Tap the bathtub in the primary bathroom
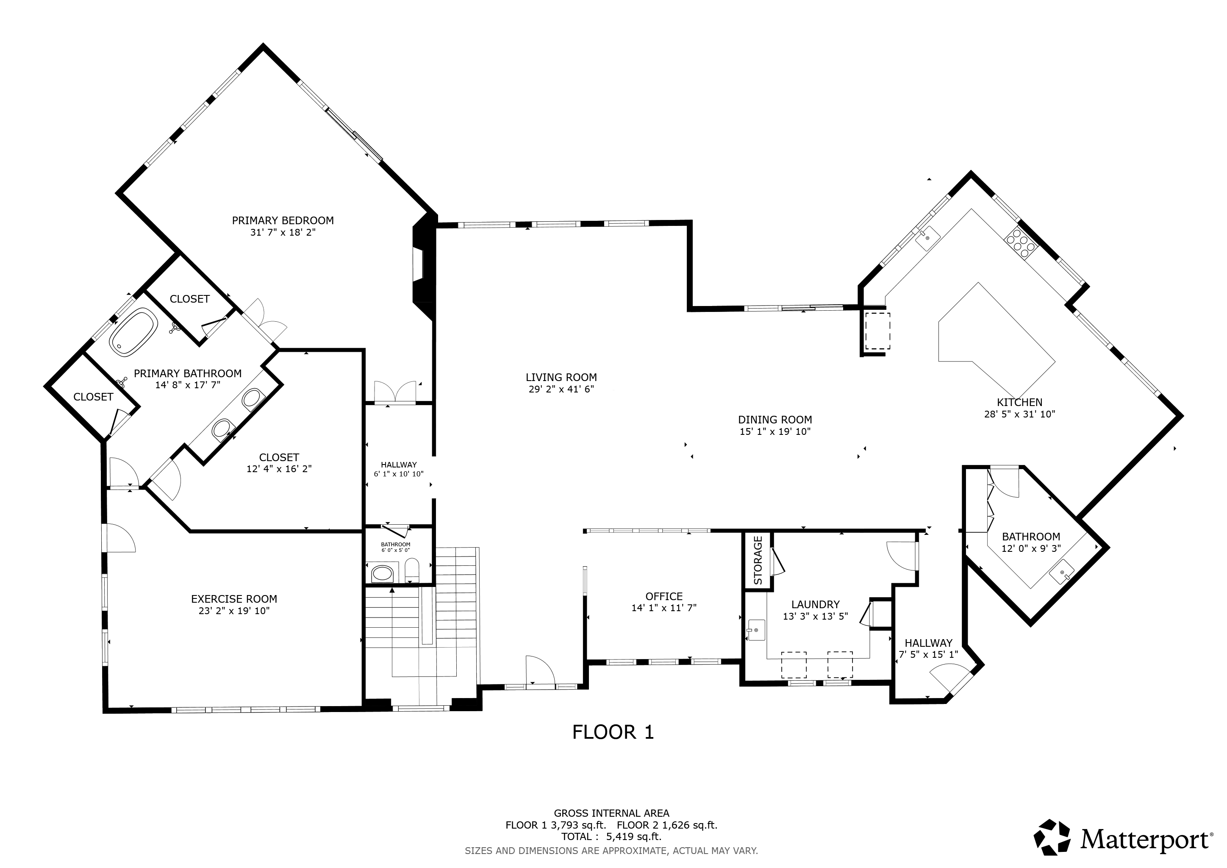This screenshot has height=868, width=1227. click(133, 332)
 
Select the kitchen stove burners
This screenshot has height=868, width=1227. click(1021, 244)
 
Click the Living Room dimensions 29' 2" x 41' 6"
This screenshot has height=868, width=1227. click(561, 389)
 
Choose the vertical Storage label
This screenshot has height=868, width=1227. click(758, 561)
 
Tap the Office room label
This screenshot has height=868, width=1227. click(664, 596)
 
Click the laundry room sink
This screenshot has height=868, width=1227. click(756, 631)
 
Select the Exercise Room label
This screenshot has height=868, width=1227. click(234, 599)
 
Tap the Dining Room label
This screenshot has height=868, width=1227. click(775, 420)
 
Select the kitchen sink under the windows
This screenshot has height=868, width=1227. click(928, 236)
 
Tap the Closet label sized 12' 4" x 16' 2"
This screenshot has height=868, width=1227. click(279, 457)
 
